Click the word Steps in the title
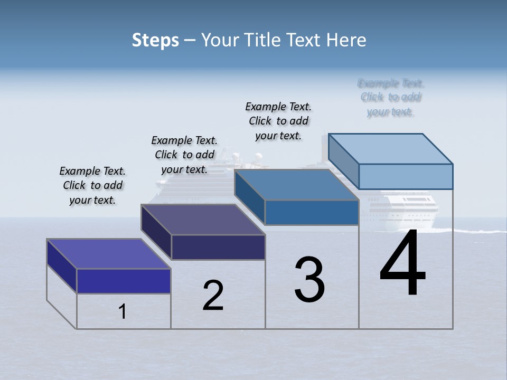pos(155,40)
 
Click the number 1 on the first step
pos(123,312)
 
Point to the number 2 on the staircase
pos(213,296)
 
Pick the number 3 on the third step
pos(309,280)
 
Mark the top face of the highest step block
pos(391,149)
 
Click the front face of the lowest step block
pos(124,281)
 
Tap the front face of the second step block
pos(218,247)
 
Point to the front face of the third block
pos(312,213)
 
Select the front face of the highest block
pos(406,176)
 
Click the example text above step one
pos(92,186)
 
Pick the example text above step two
pos(184,155)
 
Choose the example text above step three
pos(278,121)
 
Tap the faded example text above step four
pos(391,98)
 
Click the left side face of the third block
pos(249,197)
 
